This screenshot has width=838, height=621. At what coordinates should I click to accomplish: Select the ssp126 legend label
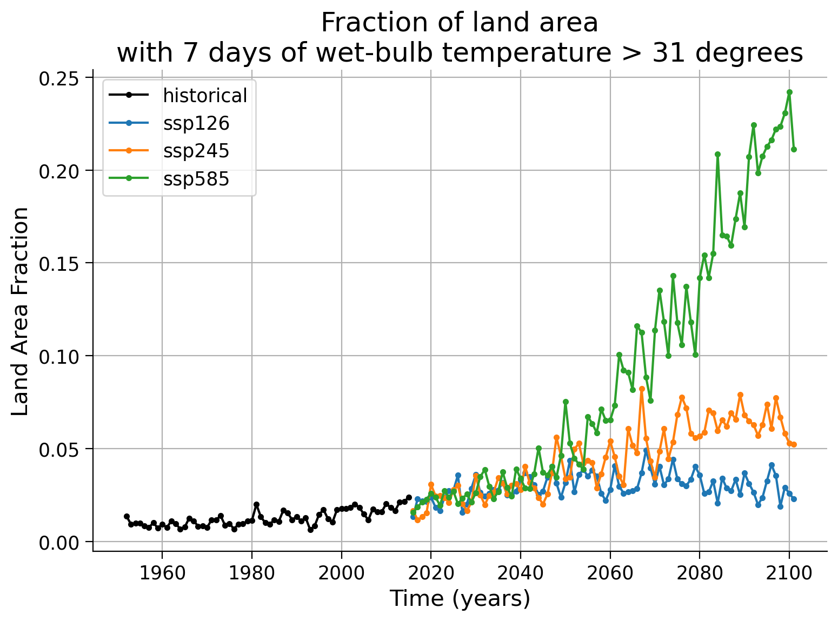click(196, 123)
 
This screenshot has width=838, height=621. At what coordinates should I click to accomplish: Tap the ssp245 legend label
click(196, 151)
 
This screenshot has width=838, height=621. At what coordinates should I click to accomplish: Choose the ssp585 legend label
click(196, 178)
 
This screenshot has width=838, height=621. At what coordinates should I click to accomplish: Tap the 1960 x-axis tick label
click(162, 573)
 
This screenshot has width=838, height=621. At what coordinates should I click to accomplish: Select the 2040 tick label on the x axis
click(520, 573)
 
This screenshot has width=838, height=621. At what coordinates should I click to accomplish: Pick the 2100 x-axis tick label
click(789, 573)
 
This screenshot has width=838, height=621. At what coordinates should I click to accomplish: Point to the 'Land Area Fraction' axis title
click(19, 312)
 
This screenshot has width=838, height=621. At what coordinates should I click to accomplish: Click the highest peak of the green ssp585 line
click(789, 92)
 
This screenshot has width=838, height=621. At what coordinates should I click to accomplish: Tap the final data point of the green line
click(794, 150)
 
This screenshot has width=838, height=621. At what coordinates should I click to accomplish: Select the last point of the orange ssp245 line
click(794, 445)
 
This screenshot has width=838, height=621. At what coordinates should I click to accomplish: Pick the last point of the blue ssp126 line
click(794, 499)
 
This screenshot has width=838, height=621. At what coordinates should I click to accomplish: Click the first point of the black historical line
click(127, 516)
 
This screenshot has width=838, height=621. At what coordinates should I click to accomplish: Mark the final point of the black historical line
click(408, 497)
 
